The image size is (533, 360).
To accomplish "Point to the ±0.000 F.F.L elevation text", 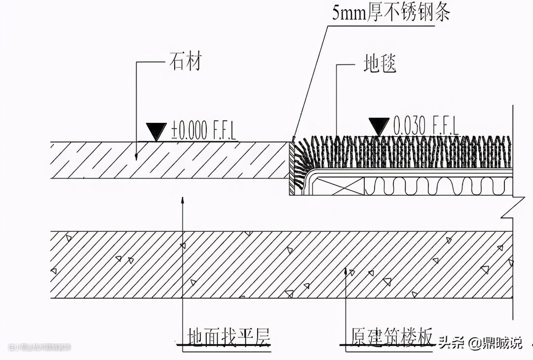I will point(203,131).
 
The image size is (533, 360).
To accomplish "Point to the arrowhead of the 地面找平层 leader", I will point(183,200).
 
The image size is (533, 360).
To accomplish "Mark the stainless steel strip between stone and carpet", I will point(291,165).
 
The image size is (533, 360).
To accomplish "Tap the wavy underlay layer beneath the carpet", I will point(437,186).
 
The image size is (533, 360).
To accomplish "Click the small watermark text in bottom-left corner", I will point(39,347).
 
